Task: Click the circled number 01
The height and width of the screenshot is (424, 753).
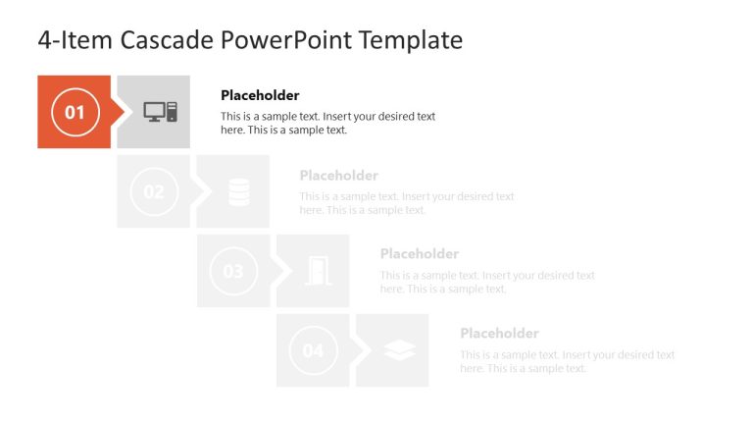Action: pos(75,112)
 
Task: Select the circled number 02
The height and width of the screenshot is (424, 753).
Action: pos(154,191)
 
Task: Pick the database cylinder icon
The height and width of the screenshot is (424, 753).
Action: pos(239,191)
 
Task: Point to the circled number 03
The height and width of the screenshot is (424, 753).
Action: pos(233,271)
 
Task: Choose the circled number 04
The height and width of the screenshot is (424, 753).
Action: pos(313,350)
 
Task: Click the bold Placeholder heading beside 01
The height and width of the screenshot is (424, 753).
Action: pos(260,95)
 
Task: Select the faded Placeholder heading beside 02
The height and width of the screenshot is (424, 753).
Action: pos(338,176)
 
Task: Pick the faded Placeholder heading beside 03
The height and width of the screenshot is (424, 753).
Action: pos(420,254)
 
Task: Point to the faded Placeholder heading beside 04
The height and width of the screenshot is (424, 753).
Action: pos(499,334)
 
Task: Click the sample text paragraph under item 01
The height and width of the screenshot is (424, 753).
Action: pos(327,123)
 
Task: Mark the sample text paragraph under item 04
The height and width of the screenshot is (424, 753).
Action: pos(567,361)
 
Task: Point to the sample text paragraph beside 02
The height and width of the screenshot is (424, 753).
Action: pos(406,203)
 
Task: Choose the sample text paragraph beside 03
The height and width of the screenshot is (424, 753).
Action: pos(487,282)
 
